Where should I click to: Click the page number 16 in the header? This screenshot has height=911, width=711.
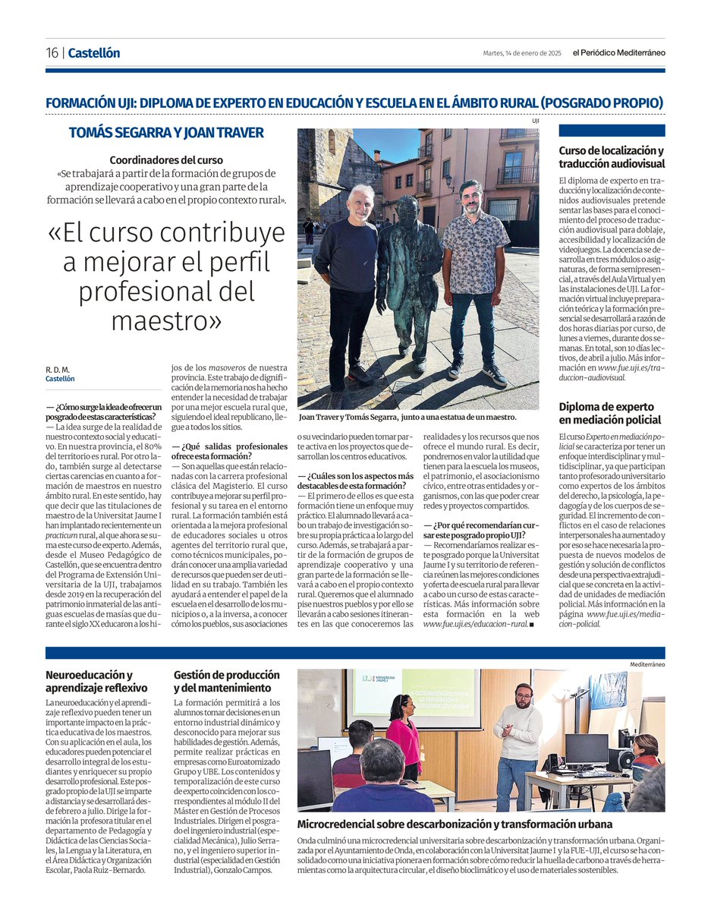[x=52, y=53]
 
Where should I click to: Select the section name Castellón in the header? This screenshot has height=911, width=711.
[x=93, y=53]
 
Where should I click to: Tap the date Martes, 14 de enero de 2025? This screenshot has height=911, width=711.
[x=521, y=53]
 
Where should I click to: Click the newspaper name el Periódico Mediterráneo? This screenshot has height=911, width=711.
[x=618, y=53]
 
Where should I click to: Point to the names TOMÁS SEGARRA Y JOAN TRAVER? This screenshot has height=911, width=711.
[x=166, y=133]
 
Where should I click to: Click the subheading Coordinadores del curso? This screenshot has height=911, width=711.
[x=166, y=160]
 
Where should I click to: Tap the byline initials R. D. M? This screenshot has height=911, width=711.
[x=57, y=370]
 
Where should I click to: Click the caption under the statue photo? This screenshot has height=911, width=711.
[x=407, y=418]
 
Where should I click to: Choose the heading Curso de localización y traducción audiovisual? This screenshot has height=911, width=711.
[x=612, y=157]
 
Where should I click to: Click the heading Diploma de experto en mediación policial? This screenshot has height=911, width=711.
[x=610, y=414]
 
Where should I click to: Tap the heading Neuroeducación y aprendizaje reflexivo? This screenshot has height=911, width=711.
[x=89, y=682]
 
